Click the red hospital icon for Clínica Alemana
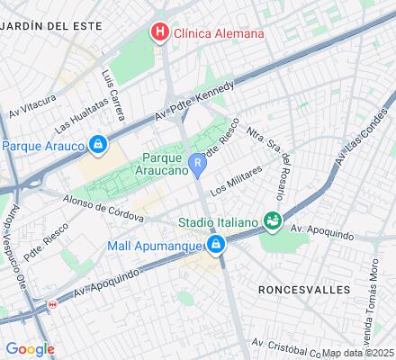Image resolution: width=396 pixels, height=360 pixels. click(160, 33)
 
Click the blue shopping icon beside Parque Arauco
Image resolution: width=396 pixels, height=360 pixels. click(97, 143)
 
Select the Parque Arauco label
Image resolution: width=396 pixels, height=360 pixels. click(42, 144)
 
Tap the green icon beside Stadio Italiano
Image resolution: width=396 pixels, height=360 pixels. click(271, 220)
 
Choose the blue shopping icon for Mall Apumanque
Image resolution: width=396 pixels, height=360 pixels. click(216, 245)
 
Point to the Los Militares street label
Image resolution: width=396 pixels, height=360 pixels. click(236, 180)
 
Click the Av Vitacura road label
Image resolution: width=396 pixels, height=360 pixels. click(32, 105)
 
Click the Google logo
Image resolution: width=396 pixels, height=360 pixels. click(30, 349)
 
